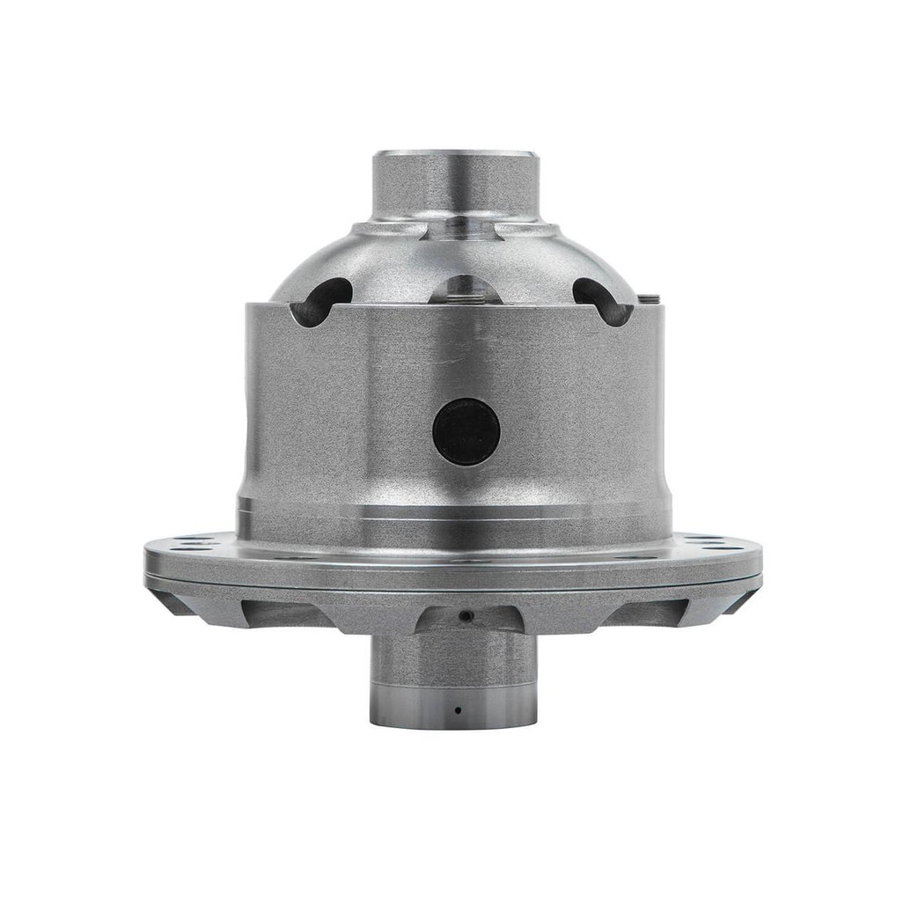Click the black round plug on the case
point(466,431)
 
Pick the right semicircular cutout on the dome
point(605,300)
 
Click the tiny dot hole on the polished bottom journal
point(457,709)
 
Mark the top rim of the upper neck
point(454,156)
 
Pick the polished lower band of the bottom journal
point(456,704)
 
